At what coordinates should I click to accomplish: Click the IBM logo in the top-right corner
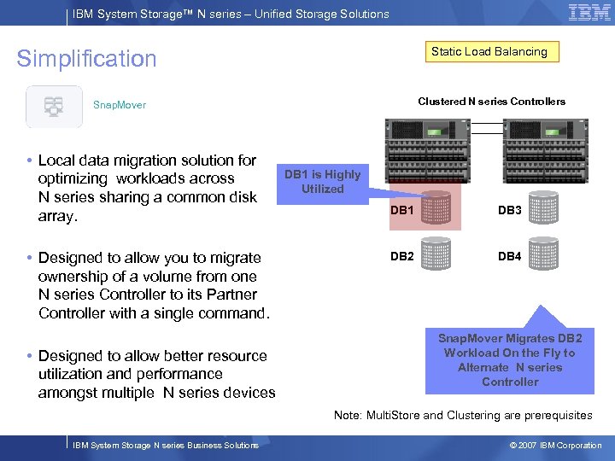tap(589, 13)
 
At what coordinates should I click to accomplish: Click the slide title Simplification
tap(87, 59)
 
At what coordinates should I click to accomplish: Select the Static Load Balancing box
tap(489, 52)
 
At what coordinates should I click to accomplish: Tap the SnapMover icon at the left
tap(54, 107)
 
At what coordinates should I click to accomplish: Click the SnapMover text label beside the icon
tap(120, 105)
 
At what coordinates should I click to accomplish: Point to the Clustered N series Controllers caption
tap(491, 102)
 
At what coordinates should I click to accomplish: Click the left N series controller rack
tap(435, 149)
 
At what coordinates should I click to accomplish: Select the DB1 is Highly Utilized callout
tap(322, 182)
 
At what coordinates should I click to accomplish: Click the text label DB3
tap(509, 210)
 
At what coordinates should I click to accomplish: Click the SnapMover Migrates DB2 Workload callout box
tap(509, 359)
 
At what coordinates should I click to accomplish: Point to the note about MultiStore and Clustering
tap(462, 415)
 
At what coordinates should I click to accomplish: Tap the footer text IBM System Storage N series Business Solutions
tap(166, 446)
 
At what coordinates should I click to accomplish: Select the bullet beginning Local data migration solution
tap(147, 188)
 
